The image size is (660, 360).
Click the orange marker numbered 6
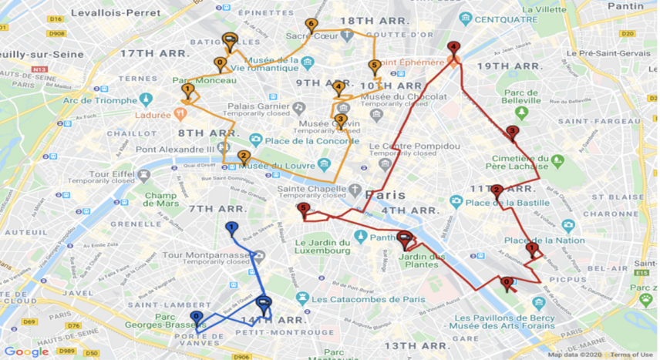311,25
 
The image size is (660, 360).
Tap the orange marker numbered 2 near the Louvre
244,156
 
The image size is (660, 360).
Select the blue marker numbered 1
231,227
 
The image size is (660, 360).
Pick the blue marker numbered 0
197,317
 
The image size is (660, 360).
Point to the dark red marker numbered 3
512,132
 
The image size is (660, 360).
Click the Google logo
27,352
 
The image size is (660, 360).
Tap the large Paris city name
385,194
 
